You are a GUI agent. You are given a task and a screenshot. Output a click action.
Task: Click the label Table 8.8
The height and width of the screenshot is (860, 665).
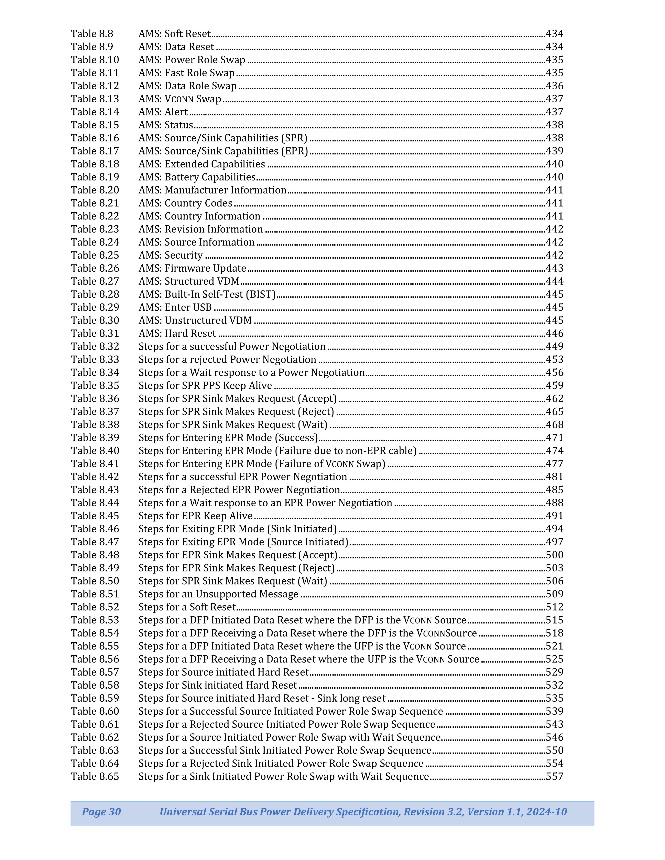click(92, 34)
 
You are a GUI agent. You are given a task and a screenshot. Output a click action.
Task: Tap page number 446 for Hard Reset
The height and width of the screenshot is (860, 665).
click(554, 333)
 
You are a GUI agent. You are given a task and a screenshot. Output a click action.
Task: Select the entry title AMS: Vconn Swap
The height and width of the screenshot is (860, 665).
click(180, 99)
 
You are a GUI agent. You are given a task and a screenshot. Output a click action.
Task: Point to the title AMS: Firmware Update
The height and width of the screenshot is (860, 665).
click(192, 268)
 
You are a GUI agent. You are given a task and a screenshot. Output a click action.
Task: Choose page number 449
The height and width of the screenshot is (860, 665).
click(554, 347)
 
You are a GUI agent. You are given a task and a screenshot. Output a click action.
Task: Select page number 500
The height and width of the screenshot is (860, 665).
click(554, 555)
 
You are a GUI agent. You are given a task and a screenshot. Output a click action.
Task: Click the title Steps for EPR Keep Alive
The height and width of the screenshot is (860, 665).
click(195, 516)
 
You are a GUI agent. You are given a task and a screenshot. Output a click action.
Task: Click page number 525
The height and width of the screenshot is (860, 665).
click(554, 659)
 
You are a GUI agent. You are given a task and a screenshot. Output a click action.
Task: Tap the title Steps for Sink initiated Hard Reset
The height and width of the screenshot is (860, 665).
click(217, 685)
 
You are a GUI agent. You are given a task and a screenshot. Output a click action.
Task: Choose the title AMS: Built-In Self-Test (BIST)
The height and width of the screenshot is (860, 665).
click(207, 294)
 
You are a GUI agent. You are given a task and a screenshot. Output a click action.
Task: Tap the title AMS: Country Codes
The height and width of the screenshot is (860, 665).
click(185, 203)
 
